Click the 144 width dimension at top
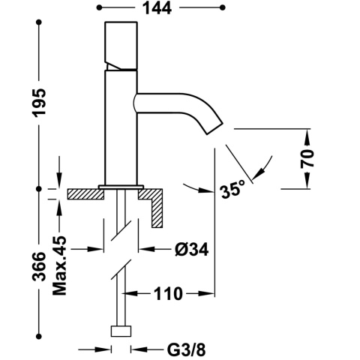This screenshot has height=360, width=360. click(x=160, y=9)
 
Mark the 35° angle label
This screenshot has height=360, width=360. click(x=233, y=190)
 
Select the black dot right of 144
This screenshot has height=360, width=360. click(x=222, y=9)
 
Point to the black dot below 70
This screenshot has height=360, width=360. click(x=307, y=187)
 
